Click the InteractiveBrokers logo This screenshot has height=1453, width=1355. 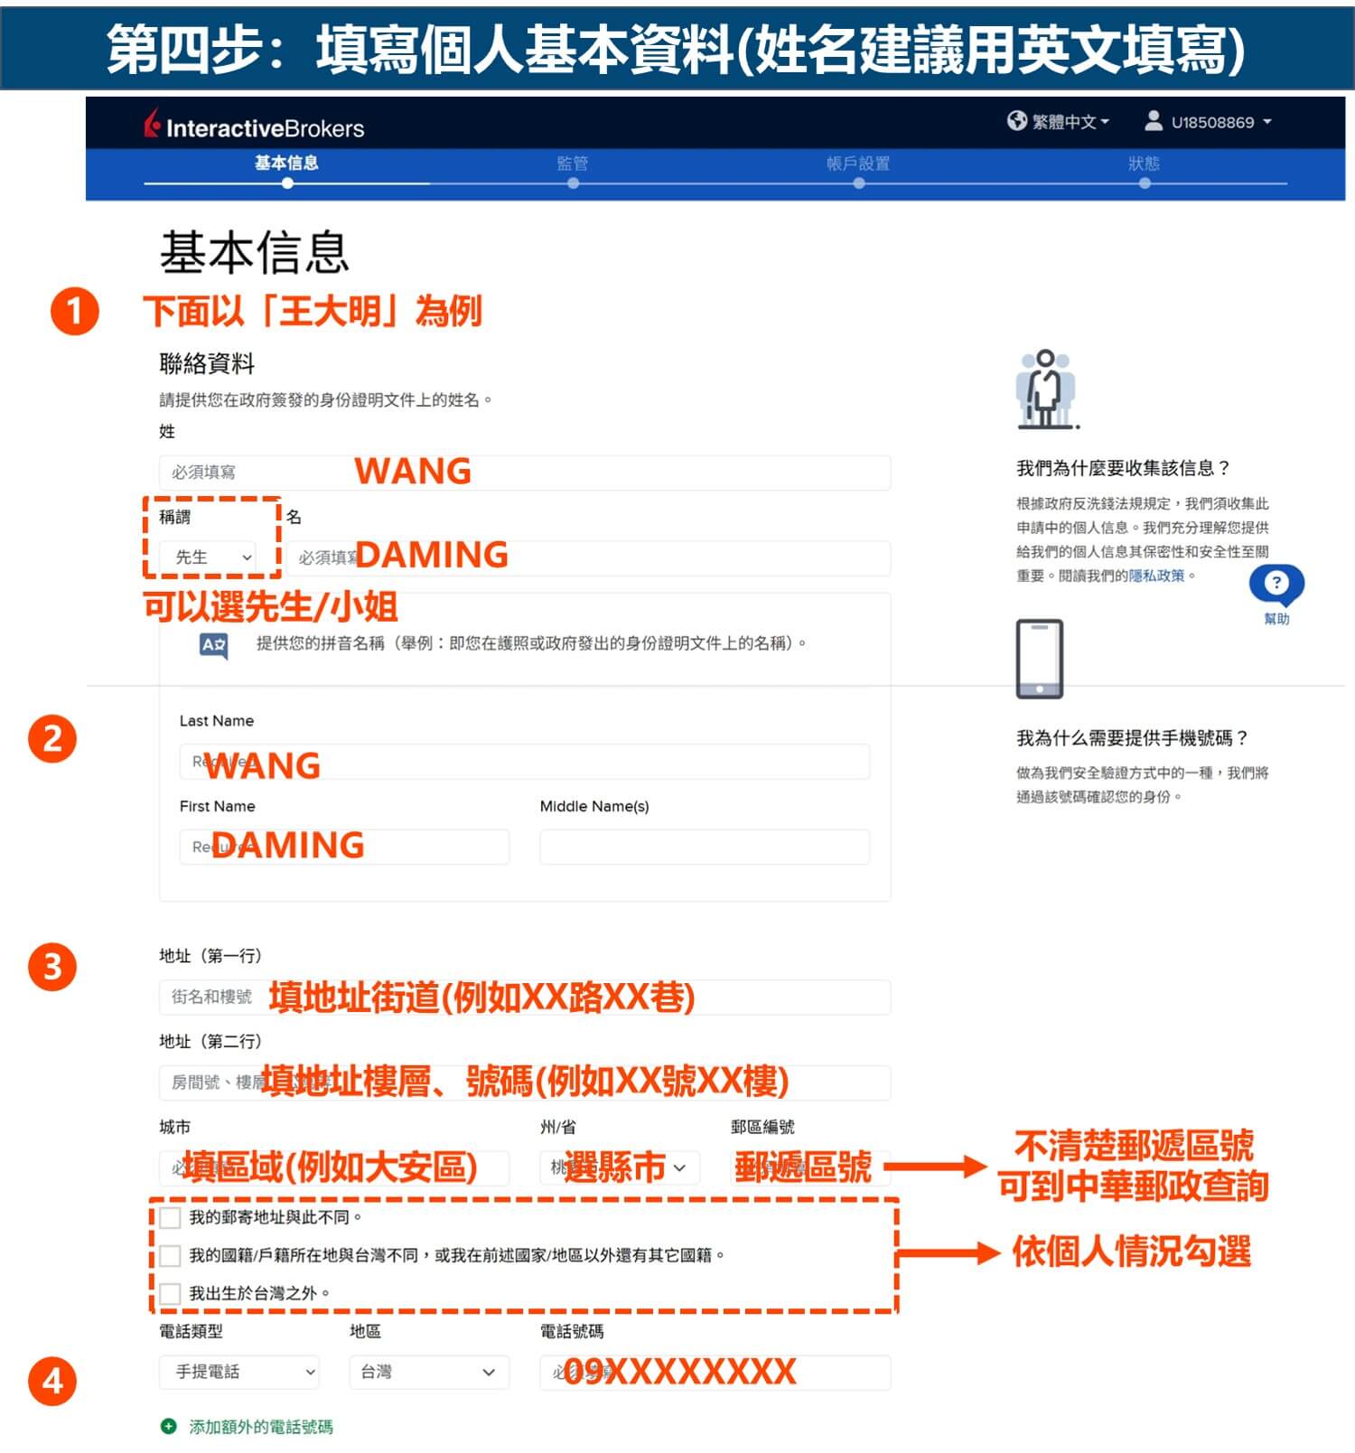coord(255,127)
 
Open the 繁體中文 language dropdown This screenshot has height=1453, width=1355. coord(1059,121)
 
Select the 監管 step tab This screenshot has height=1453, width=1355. coord(573,164)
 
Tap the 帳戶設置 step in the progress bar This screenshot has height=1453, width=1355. coord(858,164)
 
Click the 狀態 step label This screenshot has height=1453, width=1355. coord(1144,164)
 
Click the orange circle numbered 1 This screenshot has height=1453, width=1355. coord(74,312)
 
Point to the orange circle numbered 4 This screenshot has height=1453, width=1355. coord(52,1381)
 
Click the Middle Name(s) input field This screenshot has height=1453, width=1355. coord(705,847)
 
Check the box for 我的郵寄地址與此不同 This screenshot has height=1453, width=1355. coord(170,1217)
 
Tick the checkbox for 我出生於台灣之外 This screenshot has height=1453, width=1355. coord(170,1293)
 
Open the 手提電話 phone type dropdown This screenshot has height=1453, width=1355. coord(239,1372)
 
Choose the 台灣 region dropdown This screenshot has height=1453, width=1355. coord(428,1372)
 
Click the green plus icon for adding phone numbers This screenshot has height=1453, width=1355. coord(168,1426)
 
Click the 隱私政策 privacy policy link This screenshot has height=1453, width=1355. coord(1156,576)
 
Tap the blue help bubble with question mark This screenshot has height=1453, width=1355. coord(1276,584)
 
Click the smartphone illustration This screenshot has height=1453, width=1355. coord(1039,659)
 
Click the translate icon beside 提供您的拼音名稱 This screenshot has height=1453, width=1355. coord(213,645)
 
